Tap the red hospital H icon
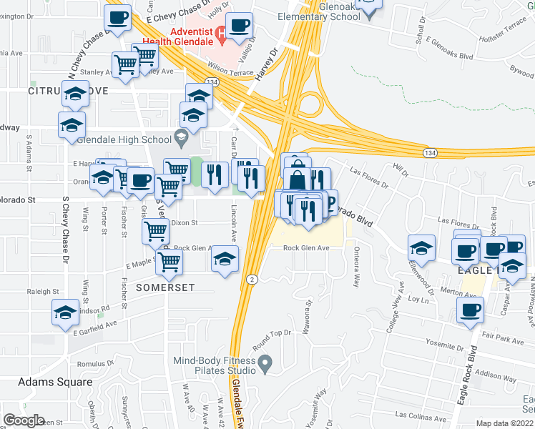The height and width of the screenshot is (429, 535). coord(221,31)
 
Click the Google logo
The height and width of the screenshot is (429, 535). coord(23,420)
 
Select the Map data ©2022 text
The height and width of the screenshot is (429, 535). coord(504,423)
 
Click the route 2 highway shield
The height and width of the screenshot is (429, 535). coord(251,278)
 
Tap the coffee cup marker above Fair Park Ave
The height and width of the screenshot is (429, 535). coord(471,310)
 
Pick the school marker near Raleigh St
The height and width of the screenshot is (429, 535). coord(65,312)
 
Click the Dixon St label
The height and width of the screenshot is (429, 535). coord(184,223)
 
